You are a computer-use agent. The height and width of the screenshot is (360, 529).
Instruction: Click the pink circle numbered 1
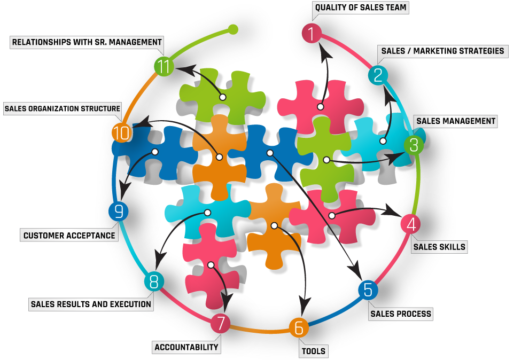tap(312, 34)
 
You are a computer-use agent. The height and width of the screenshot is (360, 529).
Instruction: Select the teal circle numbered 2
tap(378, 75)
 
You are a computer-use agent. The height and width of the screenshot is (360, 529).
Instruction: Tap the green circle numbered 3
tap(413, 144)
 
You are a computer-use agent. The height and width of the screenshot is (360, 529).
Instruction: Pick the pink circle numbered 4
tap(410, 224)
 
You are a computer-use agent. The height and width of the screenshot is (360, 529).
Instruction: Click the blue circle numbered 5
tap(368, 289)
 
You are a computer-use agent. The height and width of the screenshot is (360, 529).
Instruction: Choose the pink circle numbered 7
tap(220, 324)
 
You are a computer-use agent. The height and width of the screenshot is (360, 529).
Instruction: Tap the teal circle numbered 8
tap(154, 281)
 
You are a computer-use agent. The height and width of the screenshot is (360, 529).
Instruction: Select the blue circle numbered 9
tap(119, 212)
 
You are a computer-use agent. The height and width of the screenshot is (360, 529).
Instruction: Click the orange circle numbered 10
tap(122, 132)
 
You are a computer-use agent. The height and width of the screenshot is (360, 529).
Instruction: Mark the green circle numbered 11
tap(164, 67)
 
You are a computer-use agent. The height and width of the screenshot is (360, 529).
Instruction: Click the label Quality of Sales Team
tap(361, 7)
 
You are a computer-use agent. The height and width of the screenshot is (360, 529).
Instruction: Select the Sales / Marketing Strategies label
tap(442, 51)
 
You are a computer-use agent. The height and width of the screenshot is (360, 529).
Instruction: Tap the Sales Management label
tap(456, 121)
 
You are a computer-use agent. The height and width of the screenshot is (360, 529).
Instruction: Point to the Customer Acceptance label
tap(69, 235)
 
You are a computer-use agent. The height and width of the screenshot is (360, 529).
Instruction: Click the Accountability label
tap(186, 347)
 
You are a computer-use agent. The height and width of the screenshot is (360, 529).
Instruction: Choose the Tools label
tap(314, 351)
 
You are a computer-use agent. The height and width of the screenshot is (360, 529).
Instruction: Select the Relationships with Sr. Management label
tap(87, 42)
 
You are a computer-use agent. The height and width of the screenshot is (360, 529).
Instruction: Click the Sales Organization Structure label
tap(62, 109)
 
